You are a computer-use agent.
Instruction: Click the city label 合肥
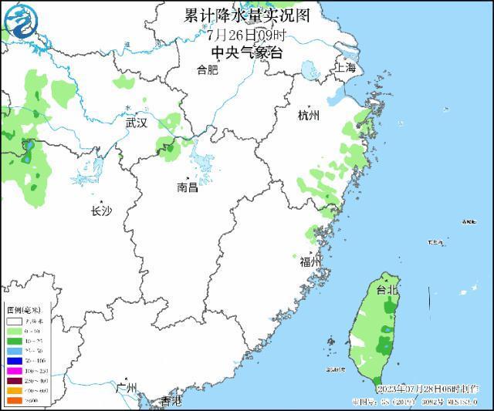pyautogui.click(x=207, y=70)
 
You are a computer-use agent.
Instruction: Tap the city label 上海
pyautogui.click(x=345, y=68)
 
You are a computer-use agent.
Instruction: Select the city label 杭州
pyautogui.click(x=308, y=115)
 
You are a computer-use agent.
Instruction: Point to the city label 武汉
pyautogui.click(x=136, y=122)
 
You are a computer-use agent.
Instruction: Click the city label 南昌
pyautogui.click(x=187, y=187)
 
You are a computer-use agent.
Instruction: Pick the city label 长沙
pyautogui.click(x=101, y=211)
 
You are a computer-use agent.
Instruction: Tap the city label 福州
pyautogui.click(x=310, y=262)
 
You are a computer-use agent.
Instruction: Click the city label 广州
pyautogui.click(x=126, y=387)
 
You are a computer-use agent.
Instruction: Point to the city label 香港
pyautogui.click(x=171, y=401)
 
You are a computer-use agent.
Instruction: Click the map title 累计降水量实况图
pyautogui.click(x=246, y=15)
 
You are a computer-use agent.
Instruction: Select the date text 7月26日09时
pyautogui.click(x=246, y=34)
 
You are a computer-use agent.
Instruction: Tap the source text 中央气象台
pyautogui.click(x=247, y=52)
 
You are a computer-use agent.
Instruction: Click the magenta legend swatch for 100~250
pyautogui.click(x=13, y=370)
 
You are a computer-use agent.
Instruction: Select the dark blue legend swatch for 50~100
pyautogui.click(x=13, y=360)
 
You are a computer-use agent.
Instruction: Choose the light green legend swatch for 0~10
pyautogui.click(x=13, y=329)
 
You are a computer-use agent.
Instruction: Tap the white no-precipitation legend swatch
pyautogui.click(x=13, y=319)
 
